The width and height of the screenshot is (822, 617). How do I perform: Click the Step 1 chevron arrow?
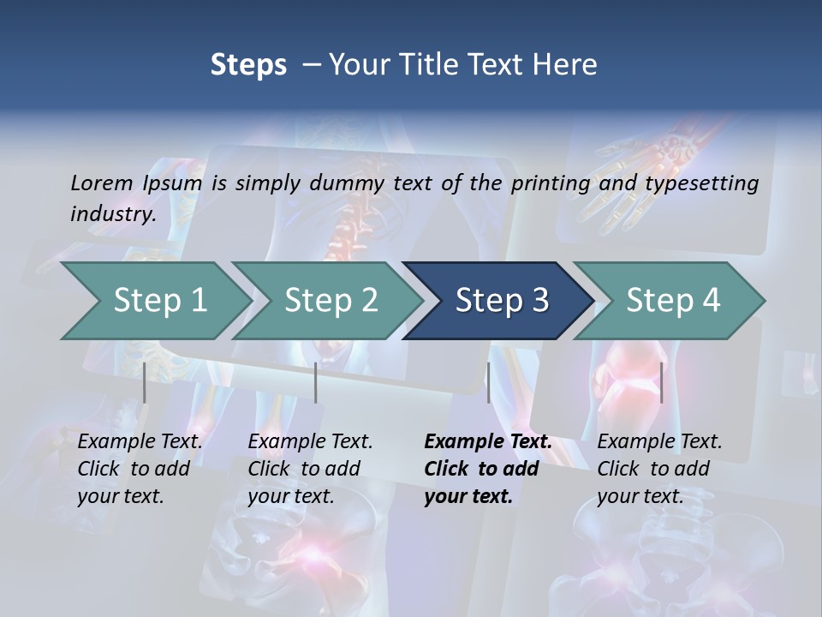tap(154, 301)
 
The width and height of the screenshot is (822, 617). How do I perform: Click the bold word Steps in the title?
tap(248, 65)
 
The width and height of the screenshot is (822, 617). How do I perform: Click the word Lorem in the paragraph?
tap(102, 183)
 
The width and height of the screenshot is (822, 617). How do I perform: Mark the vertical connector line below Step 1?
tap(145, 382)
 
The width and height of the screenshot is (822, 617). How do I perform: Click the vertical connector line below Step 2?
tap(316, 382)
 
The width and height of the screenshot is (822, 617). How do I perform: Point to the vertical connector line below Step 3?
tap(489, 382)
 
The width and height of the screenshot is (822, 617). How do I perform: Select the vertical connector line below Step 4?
tap(661, 382)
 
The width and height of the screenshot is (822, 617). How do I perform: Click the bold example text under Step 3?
tap(487, 469)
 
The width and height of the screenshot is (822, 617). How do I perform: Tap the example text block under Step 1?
tap(140, 469)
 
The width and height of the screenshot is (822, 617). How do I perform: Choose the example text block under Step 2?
tap(310, 469)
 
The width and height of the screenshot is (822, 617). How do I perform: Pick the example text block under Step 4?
tap(659, 469)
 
